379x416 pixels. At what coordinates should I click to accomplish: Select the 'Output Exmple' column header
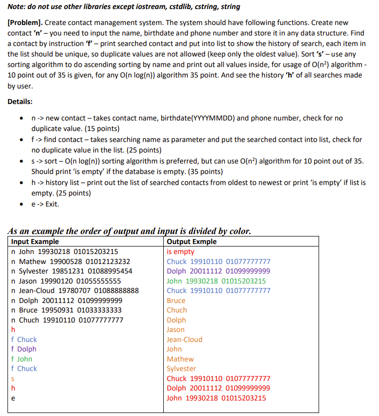coord(192,241)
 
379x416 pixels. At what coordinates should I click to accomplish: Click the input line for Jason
coord(66,281)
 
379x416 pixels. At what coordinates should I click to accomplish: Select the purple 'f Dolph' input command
coord(23,349)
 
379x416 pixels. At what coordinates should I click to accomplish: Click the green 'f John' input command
coord(21,359)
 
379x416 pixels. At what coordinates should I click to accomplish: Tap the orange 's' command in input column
coord(12,378)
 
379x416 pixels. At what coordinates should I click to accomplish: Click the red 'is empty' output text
coord(180,251)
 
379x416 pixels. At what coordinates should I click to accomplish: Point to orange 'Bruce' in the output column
coord(176,300)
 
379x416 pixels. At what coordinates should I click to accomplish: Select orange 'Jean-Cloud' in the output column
coord(184,339)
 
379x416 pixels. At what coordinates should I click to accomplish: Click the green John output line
coord(216,281)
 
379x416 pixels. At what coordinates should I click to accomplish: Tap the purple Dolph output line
coord(218,271)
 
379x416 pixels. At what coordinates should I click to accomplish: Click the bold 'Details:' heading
coord(20,101)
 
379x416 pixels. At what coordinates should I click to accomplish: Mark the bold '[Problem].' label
coord(25,23)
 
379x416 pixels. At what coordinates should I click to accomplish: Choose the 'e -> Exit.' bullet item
coord(45,204)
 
